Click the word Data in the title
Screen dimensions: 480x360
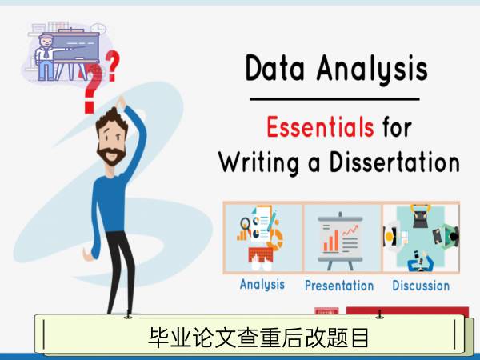pyautogui.click(x=275, y=68)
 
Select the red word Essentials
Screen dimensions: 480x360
pyautogui.click(x=320, y=126)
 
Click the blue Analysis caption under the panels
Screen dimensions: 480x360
pyautogui.click(x=262, y=285)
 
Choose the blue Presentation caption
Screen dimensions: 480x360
pyautogui.click(x=339, y=286)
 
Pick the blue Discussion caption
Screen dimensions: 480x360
pyautogui.click(x=421, y=286)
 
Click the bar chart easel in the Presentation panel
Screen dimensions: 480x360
pyautogui.click(x=340, y=241)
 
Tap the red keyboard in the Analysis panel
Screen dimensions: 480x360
pyautogui.click(x=261, y=254)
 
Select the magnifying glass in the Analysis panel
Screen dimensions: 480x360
pyautogui.click(x=246, y=224)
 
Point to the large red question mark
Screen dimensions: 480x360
pyautogui.click(x=92, y=89)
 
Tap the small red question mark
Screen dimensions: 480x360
pyautogui.click(x=112, y=66)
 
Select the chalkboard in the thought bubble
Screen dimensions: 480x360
pyautogui.click(x=76, y=46)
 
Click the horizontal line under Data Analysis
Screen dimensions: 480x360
pyautogui.click(x=334, y=99)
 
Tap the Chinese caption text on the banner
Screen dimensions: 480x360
pyautogui.click(x=258, y=338)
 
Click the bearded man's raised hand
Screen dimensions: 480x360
pyautogui.click(x=122, y=102)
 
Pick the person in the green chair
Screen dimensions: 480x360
pyautogui.click(x=447, y=236)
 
